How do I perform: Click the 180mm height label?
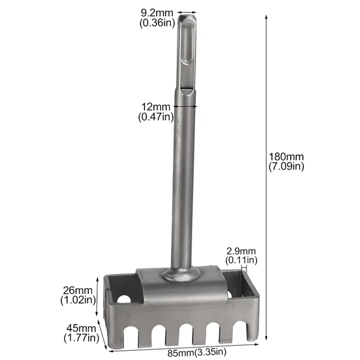coord(286,157)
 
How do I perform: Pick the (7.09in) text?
coord(286,166)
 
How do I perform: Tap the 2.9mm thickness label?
coord(241,251)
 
